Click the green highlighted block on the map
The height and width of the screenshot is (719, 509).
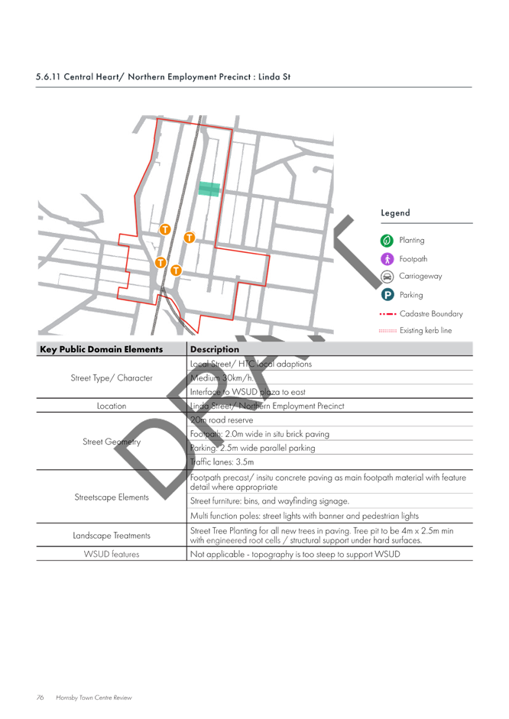point(209,189)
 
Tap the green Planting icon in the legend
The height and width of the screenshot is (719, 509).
point(387,240)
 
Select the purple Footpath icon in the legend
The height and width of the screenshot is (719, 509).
point(387,259)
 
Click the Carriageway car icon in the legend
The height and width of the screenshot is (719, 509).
point(387,277)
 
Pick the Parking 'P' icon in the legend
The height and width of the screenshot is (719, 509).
point(387,295)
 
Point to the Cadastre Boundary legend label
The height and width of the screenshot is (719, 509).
point(431,313)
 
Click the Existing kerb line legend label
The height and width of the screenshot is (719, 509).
point(426,330)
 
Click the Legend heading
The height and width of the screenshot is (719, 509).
point(395,212)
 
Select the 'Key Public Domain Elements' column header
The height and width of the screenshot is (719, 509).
point(102,349)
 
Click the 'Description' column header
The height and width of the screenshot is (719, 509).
point(215,349)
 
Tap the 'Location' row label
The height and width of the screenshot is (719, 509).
point(112,406)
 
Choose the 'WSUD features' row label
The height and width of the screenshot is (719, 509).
point(112,554)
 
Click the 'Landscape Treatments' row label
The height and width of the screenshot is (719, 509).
point(112,536)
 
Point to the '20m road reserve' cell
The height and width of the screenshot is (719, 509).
point(222,420)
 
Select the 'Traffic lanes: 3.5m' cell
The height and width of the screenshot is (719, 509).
point(222,462)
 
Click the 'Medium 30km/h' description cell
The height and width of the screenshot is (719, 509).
point(222,378)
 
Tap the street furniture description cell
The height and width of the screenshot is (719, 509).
point(270,501)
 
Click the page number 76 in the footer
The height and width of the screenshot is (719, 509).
point(41,698)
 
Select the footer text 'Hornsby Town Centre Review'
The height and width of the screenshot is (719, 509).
point(93,698)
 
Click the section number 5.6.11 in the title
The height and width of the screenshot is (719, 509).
point(48,76)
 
